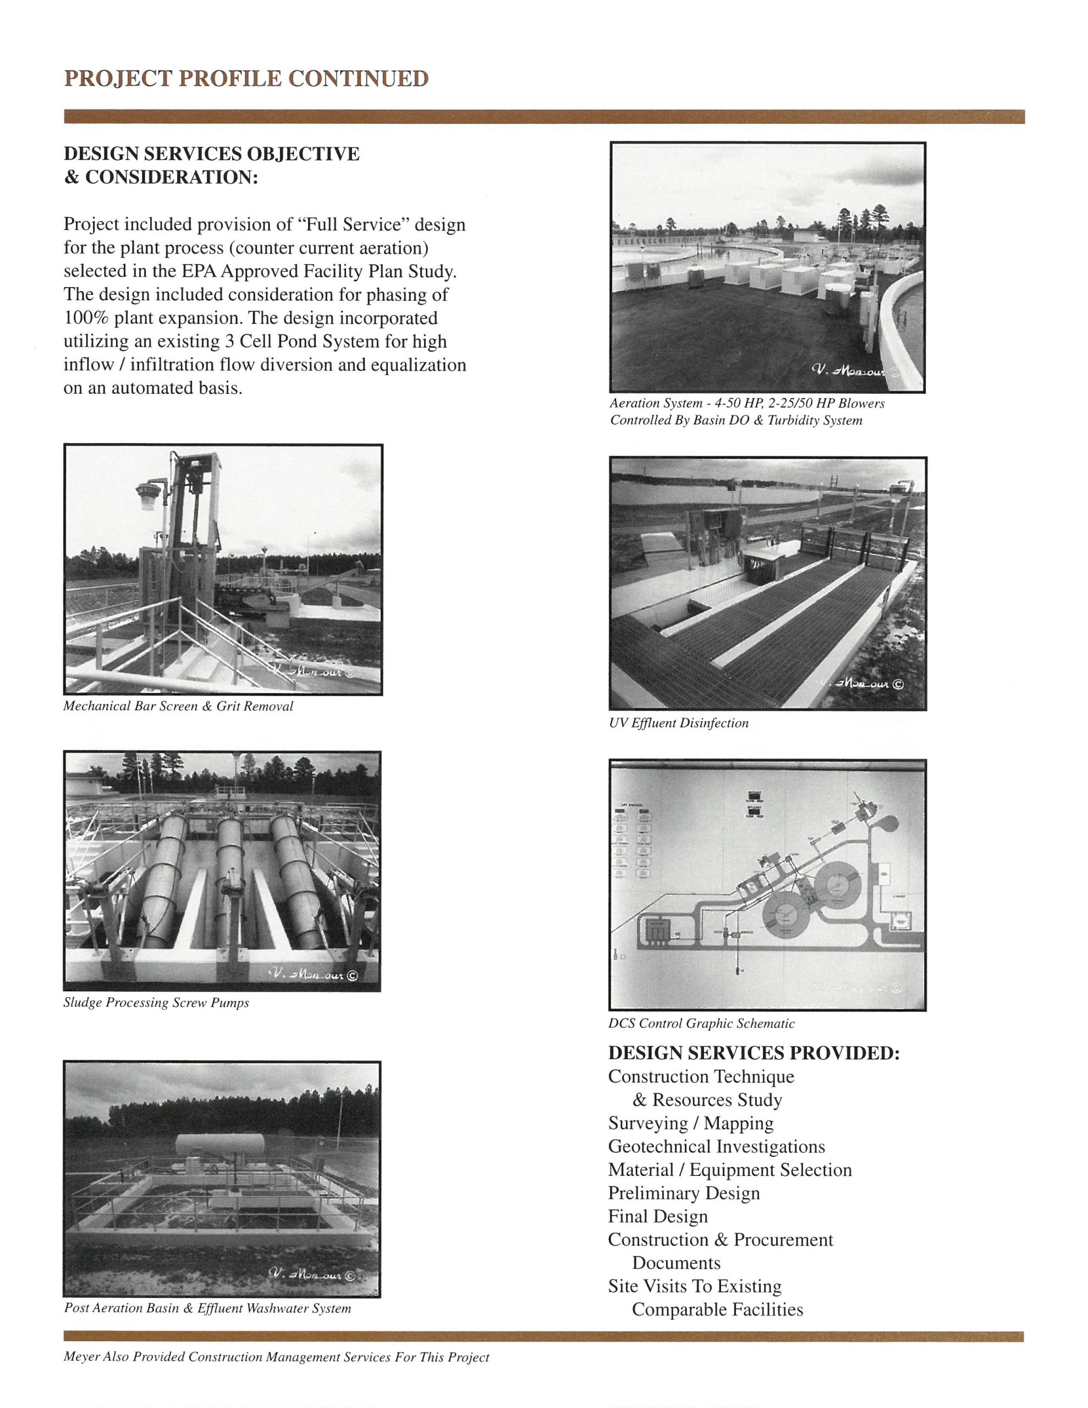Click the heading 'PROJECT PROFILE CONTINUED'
246,79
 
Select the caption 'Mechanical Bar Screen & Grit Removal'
178,706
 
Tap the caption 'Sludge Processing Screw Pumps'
156,1003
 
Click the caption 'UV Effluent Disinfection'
678,723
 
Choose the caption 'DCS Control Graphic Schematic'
701,1023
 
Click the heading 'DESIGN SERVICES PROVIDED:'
753,1053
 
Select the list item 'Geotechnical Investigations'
716,1146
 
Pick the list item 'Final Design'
657,1216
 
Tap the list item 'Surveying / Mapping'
690,1123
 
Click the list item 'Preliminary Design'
684,1192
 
